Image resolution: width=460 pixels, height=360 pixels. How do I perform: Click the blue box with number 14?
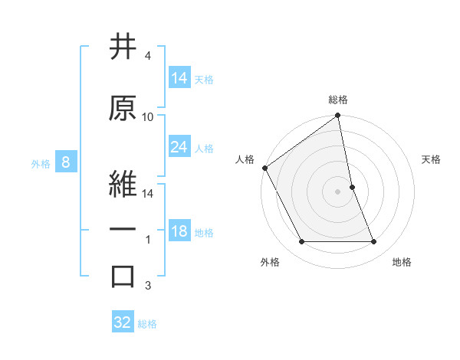[x=179, y=78]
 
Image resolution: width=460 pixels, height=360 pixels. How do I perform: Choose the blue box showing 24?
[x=179, y=147]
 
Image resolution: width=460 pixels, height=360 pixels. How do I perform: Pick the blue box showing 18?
[x=179, y=231]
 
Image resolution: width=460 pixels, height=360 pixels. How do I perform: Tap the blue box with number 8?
[x=66, y=162]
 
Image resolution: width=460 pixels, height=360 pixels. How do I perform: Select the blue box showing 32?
[x=123, y=322]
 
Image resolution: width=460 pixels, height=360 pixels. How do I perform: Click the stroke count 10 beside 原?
[x=148, y=117]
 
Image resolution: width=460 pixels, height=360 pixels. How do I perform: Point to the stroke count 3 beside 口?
[x=148, y=286]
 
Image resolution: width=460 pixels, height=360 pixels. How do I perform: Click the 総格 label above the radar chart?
[x=338, y=100]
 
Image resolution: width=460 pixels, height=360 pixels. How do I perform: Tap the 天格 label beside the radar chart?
[x=432, y=159]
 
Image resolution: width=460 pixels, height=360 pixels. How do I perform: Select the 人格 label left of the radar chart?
[x=245, y=159]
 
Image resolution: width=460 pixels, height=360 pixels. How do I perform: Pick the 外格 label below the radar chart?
[x=270, y=262]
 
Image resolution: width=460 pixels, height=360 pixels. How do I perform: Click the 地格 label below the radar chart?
[x=402, y=262]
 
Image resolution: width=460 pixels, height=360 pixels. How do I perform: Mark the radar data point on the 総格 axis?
[x=338, y=116]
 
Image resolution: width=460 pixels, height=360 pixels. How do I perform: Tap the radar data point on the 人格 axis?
[x=264, y=168]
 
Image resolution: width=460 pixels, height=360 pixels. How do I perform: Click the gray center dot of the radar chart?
[x=338, y=191]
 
